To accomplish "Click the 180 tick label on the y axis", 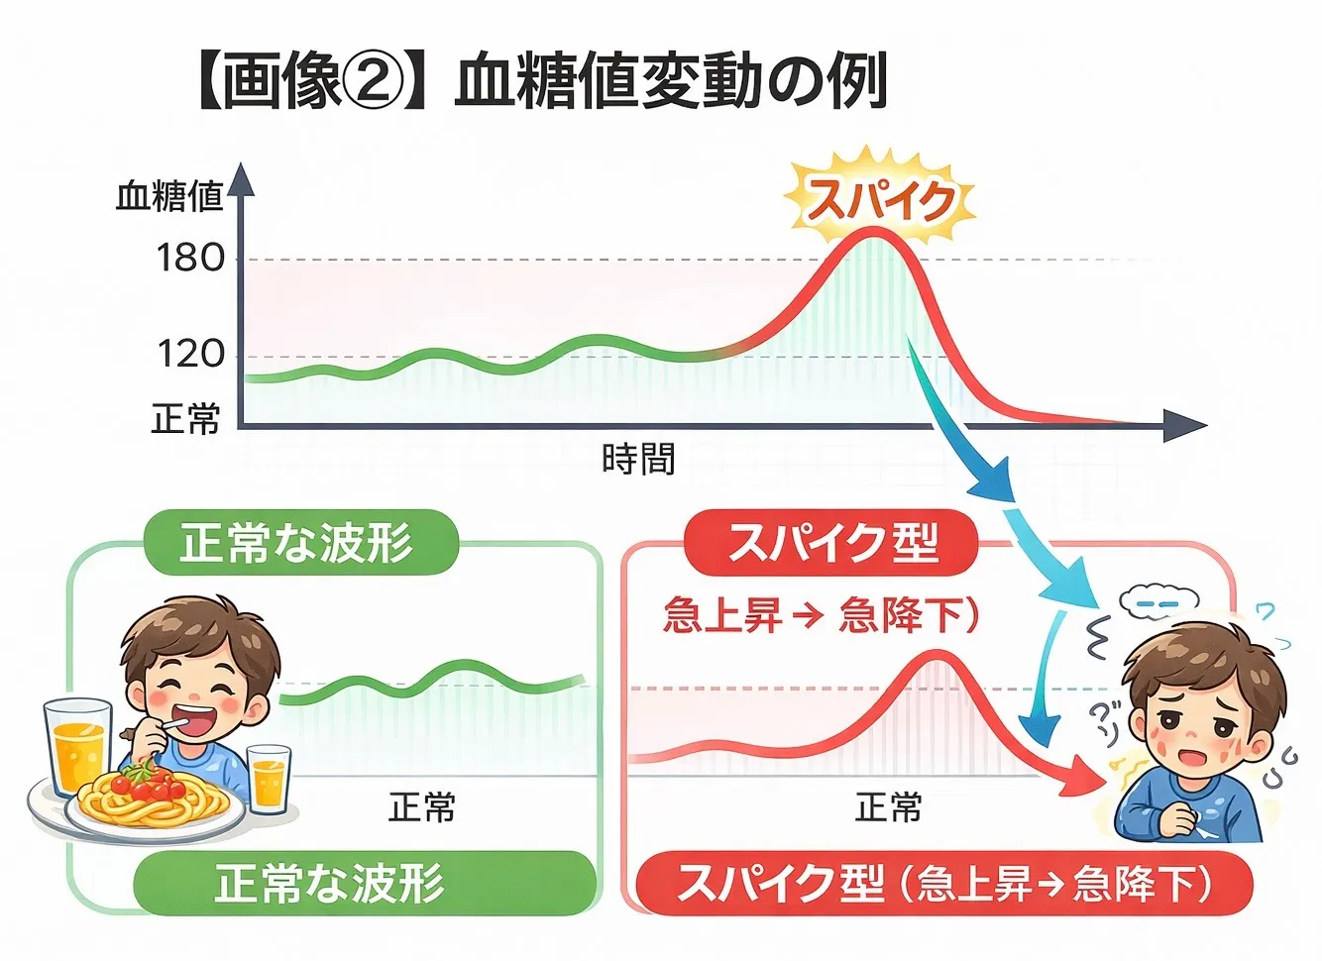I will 190,259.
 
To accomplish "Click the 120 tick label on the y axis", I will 190,354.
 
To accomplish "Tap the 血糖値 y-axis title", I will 168,196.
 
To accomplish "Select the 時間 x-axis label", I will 639,459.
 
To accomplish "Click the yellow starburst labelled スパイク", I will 879,200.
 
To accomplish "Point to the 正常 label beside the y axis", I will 185,418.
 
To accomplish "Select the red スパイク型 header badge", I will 831,543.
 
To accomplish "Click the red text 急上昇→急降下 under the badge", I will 821,616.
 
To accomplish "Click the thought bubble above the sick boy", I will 1158,599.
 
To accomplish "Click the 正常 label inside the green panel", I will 422,806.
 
